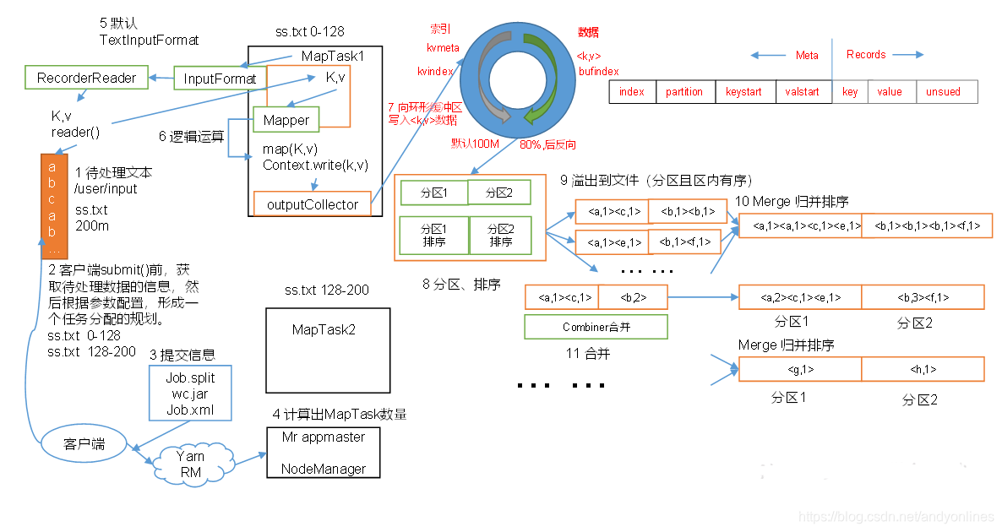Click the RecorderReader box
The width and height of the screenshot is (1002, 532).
tap(86, 78)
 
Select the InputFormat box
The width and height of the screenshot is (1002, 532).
tap(220, 79)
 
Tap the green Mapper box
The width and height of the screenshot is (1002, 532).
tap(286, 120)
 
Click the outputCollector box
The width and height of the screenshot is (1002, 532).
tap(312, 204)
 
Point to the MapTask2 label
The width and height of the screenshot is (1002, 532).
tap(324, 329)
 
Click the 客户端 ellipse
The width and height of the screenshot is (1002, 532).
tap(84, 443)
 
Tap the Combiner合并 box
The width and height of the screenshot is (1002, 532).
tap(596, 327)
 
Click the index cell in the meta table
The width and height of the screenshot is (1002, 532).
tap(631, 92)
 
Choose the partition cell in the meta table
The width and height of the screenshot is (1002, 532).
tap(684, 92)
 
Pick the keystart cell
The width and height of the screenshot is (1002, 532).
tap(744, 92)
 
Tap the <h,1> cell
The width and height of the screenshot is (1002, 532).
tap(923, 369)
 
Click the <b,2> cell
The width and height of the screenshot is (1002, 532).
tap(633, 297)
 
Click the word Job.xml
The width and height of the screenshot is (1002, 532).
tap(189, 411)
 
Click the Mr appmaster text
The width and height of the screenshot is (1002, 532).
tap(323, 437)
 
